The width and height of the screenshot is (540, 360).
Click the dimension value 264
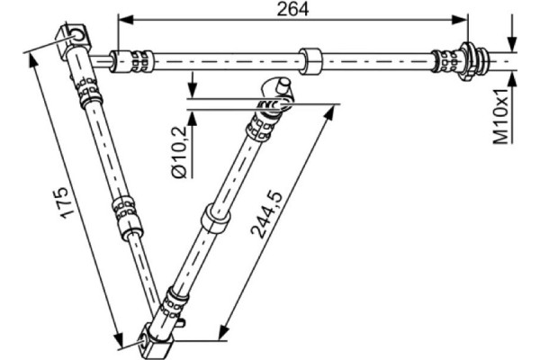click(x=293, y=9)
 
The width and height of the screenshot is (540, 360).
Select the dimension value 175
click(x=60, y=203)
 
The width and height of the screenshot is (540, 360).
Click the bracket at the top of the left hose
click(x=77, y=38)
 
